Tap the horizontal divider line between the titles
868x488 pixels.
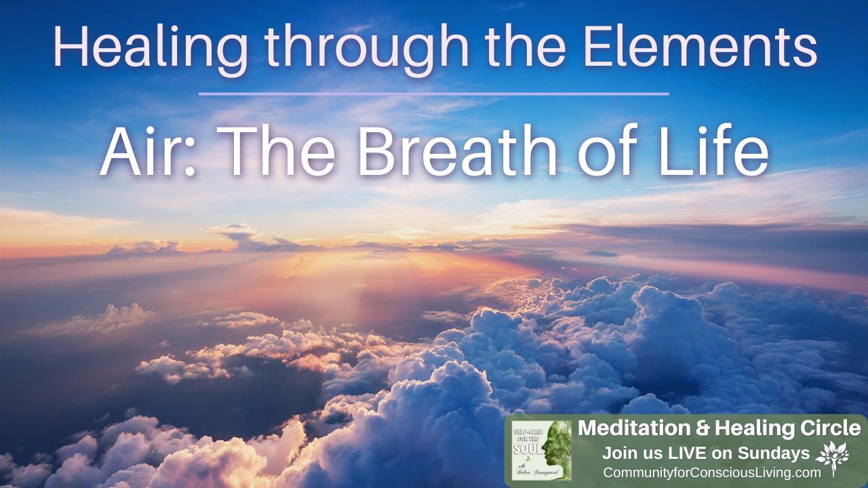[x=434, y=94]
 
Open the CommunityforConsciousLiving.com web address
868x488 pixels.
[x=711, y=472]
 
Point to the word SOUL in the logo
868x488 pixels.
[x=528, y=449]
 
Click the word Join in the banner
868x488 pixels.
[x=618, y=452]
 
